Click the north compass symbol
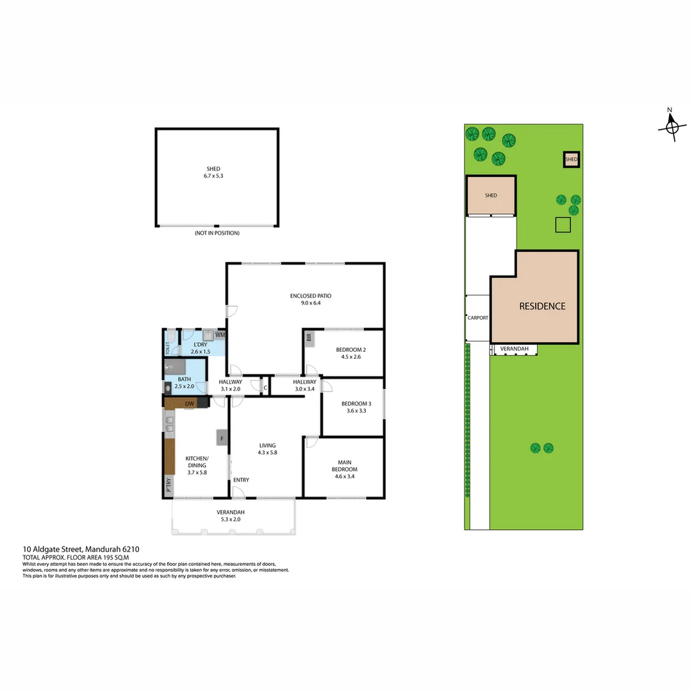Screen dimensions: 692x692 click(671, 126)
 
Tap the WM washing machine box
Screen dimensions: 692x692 click(220, 334)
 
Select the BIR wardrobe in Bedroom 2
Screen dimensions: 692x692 click(309, 337)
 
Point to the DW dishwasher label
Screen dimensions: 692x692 click(190, 404)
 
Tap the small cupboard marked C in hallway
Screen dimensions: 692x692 click(264, 386)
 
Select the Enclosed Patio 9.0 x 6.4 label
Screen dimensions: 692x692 click(310, 299)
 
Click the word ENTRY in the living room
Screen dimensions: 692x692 click(241, 480)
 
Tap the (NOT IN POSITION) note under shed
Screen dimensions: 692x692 click(217, 233)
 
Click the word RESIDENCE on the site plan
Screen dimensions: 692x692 click(542, 306)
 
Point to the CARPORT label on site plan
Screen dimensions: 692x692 click(478, 318)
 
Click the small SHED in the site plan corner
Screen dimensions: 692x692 click(571, 160)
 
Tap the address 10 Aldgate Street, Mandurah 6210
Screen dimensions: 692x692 click(81, 549)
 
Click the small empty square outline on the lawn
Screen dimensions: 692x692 click(563, 225)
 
